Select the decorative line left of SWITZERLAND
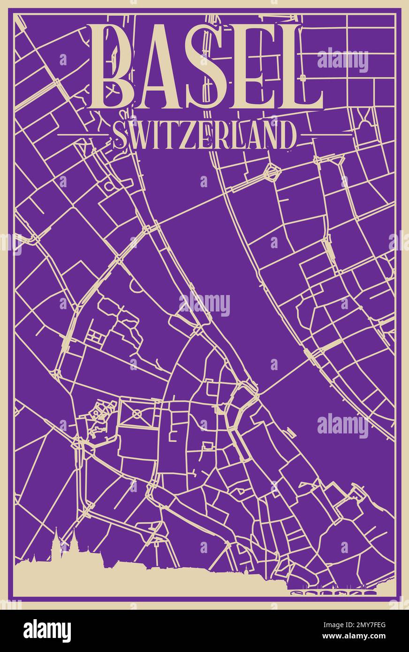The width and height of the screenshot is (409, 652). click(82, 135)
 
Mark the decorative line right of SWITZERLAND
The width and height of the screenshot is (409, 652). click(326, 135)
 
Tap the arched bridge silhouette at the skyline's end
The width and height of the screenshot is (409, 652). click(333, 592)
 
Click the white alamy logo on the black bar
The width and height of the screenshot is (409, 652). click(47, 630)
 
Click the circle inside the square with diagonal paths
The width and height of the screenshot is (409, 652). click(137, 413)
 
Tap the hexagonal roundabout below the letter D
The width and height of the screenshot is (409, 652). click(271, 172)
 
